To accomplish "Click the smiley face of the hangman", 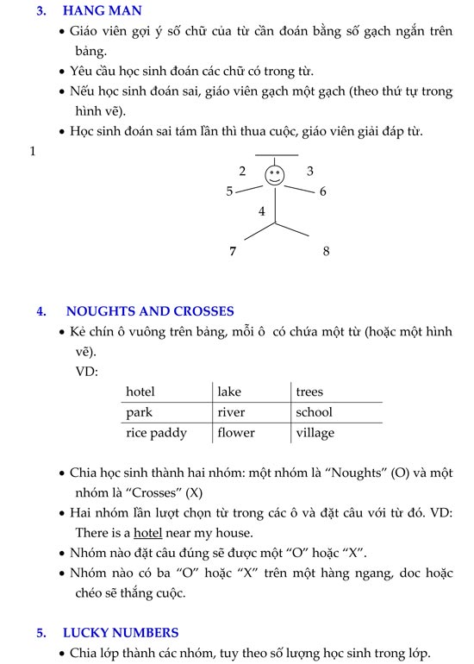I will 274,175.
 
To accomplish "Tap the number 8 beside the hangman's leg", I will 326,252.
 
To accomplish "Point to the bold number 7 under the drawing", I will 233,252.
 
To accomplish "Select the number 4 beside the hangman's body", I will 262,211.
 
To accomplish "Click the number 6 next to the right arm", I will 323,191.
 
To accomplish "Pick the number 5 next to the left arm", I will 229,191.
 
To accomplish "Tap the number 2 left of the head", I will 243,171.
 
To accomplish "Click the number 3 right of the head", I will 310,171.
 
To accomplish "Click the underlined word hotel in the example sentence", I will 148,533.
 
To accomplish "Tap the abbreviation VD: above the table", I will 87,372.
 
